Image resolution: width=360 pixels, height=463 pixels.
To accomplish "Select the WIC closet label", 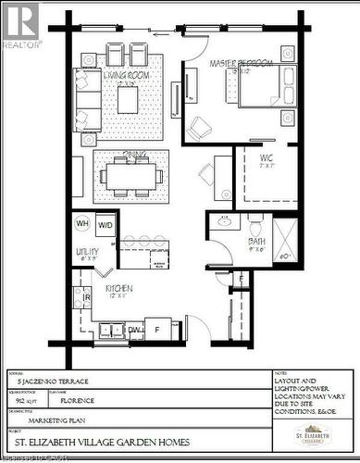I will point(268,159).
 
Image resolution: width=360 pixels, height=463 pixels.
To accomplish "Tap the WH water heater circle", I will point(82,224).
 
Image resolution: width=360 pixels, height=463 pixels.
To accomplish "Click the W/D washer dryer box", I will point(106,224).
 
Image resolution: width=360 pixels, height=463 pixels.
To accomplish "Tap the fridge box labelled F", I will point(158,328).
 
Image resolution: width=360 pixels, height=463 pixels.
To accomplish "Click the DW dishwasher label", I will point(134,329).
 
